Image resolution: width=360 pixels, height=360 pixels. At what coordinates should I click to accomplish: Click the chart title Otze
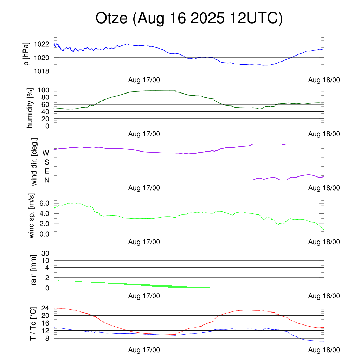[189, 18]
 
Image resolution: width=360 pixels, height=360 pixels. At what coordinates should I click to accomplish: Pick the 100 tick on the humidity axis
[44, 90]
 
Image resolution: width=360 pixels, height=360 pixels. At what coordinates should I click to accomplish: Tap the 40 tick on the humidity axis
[46, 111]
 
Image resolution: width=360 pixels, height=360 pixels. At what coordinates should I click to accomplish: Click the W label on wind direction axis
[46, 153]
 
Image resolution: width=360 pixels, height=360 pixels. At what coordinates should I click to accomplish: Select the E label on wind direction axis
[46, 171]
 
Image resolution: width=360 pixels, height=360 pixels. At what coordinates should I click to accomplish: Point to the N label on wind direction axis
[46, 180]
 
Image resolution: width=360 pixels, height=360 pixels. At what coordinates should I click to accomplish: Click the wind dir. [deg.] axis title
[34, 162]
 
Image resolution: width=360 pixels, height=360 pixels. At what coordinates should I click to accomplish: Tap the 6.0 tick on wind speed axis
[43, 203]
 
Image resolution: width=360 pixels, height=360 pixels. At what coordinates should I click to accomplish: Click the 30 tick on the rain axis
[46, 253]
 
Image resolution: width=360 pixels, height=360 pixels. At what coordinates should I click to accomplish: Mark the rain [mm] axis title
[34, 270]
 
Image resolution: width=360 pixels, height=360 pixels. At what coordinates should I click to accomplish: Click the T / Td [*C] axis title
[32, 323]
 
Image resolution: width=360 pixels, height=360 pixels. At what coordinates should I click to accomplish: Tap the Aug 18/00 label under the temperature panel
[324, 350]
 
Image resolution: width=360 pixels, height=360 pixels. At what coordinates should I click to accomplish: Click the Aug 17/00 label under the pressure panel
[144, 80]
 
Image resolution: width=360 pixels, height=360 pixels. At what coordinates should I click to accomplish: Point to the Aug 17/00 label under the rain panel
[144, 296]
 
